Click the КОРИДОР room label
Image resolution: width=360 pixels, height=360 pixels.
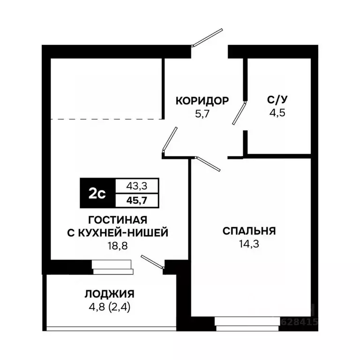point(202,100)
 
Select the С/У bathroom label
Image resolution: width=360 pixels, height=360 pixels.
point(276,100)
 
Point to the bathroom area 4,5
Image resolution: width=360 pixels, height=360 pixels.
point(276,112)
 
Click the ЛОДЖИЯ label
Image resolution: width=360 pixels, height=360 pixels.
point(110,294)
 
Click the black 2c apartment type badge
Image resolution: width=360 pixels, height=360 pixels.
point(97,193)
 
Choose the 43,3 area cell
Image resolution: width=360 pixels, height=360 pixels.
point(137,186)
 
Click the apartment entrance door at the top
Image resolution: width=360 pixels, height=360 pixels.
point(207,37)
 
